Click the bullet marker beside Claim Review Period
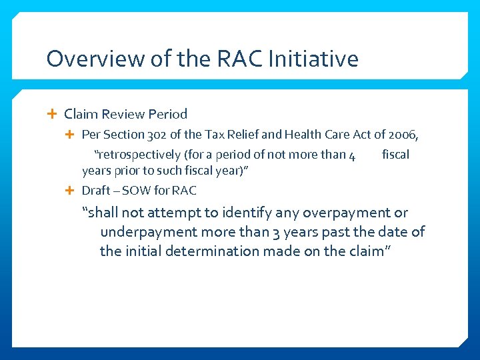[53, 114]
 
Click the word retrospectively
[137, 155]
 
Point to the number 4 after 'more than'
[351, 155]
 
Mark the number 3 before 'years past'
[276, 232]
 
